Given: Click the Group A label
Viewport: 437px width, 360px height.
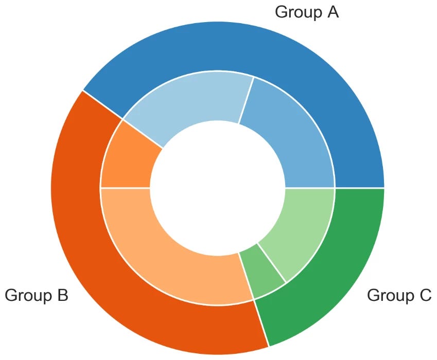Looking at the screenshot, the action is pos(307,12).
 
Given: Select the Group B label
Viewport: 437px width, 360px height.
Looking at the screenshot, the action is pos(37,295).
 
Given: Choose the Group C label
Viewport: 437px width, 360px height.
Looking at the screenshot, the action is pos(399,295).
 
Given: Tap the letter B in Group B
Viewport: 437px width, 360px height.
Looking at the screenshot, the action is pos(62,295).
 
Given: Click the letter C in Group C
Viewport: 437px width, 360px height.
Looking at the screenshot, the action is pos(424,295).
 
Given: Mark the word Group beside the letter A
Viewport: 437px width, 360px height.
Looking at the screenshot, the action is pos(298,12).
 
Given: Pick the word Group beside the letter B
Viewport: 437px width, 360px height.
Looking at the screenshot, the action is pos(27,295).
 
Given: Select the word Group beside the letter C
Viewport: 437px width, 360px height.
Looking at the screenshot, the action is pos(389,295).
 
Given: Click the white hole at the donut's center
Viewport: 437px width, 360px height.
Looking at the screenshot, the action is pos(218,187).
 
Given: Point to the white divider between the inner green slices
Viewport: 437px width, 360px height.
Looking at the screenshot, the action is pos(271,262).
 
